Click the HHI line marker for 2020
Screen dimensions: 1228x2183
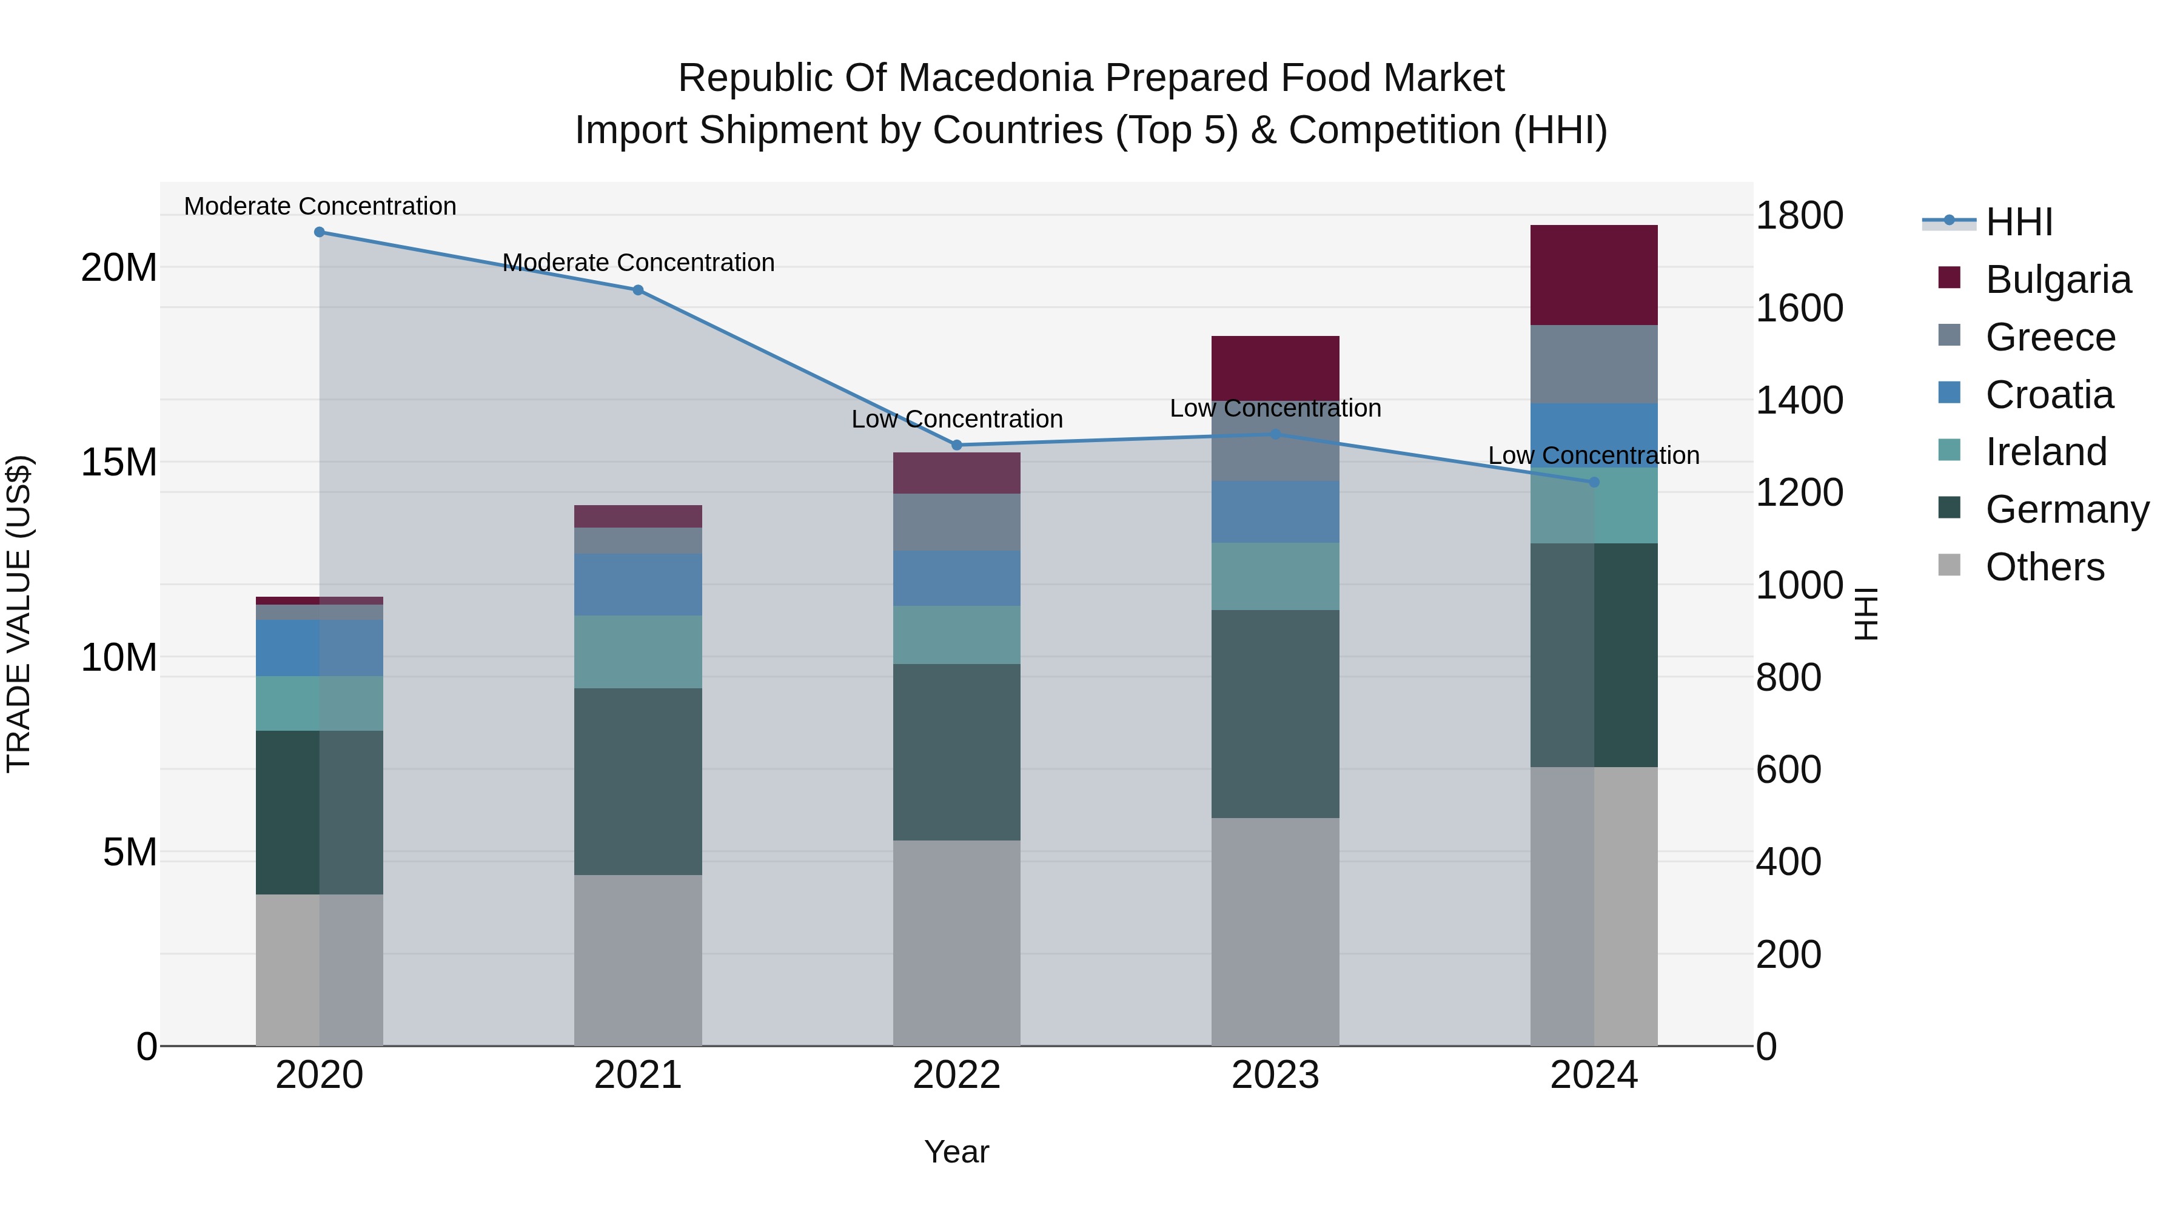(320, 232)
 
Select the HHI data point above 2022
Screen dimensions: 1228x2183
(957, 445)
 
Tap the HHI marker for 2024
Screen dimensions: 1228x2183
(1594, 482)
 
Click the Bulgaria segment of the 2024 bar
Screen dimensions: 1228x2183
(1594, 275)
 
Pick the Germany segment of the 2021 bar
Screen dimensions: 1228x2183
(638, 782)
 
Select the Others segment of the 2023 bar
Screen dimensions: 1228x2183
(1275, 932)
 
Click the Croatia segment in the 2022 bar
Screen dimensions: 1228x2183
(957, 579)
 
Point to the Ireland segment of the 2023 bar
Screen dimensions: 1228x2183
(1275, 576)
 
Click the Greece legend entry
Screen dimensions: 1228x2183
(2050, 337)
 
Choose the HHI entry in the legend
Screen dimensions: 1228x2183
(2019, 222)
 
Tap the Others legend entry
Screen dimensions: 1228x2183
(2044, 567)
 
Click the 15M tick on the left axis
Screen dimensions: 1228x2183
(119, 463)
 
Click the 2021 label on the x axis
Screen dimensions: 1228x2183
(638, 1075)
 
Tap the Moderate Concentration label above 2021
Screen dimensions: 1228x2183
(638, 263)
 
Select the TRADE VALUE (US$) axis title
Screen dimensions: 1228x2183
(19, 614)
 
